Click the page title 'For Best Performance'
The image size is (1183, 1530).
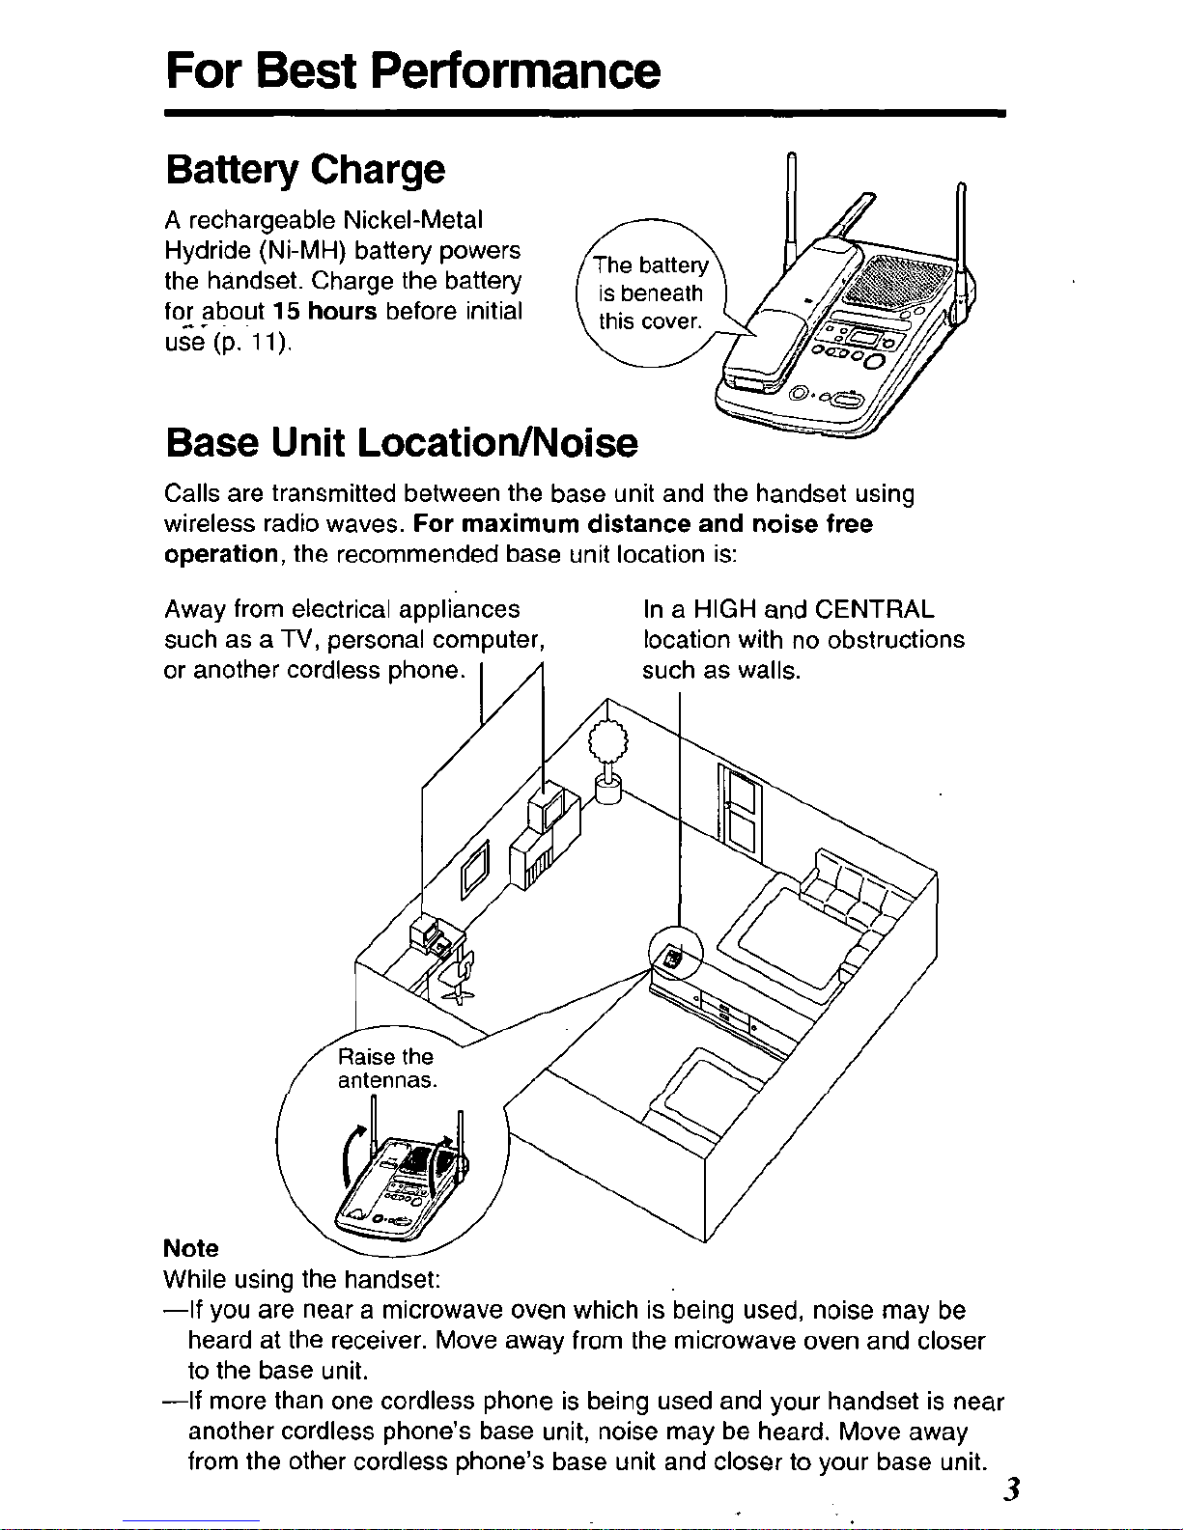[x=412, y=70]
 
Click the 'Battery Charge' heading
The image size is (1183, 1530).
[x=305, y=171]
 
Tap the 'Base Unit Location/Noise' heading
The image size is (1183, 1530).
[x=402, y=443]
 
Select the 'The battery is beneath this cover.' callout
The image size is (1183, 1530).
[x=650, y=292]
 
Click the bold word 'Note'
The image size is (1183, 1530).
[x=191, y=1248]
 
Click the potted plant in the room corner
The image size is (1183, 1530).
[x=608, y=761]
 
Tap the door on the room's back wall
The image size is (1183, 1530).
[x=740, y=814]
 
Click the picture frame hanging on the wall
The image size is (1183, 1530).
[x=475, y=870]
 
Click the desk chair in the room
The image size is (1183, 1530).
[x=459, y=974]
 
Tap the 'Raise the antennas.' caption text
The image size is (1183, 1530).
[x=387, y=1069]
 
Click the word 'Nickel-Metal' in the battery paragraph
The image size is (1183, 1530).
[x=413, y=220]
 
